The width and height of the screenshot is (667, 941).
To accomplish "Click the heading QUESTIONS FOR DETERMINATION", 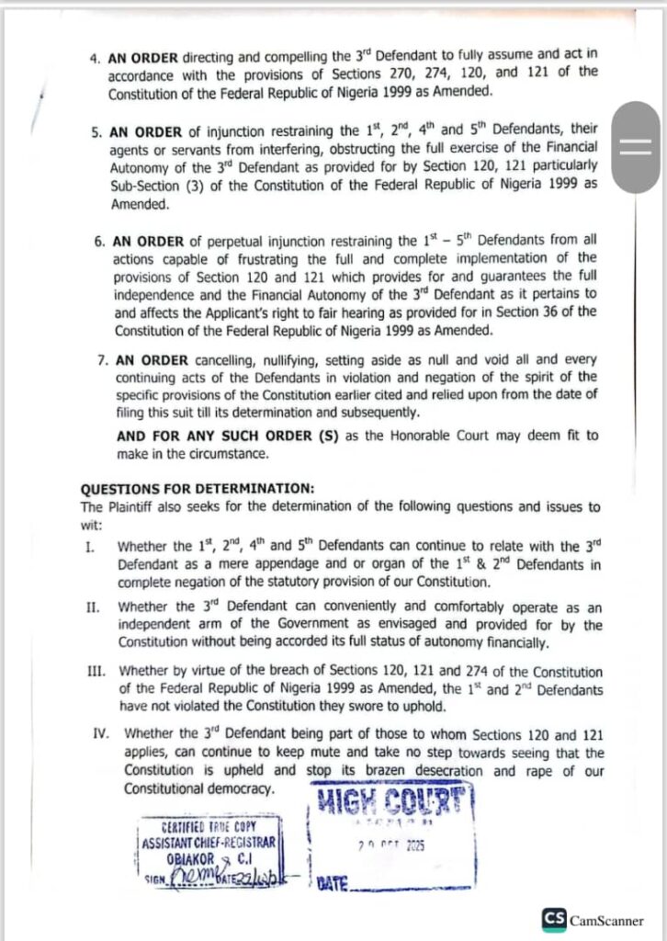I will coord(185,488).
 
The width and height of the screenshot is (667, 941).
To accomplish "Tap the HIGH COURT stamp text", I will coord(395,802).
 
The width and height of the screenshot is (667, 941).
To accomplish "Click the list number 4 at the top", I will coord(95,56).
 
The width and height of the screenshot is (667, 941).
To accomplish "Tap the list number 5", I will coord(96,130).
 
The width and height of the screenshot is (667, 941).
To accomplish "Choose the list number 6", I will coord(98,242).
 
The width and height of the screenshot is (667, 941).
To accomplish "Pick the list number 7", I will coord(102,360).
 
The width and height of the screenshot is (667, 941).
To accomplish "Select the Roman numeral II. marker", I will coord(92,607).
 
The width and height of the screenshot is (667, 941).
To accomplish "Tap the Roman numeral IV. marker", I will coord(102,733).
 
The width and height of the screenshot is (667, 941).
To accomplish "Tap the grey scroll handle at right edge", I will coord(635,146).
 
